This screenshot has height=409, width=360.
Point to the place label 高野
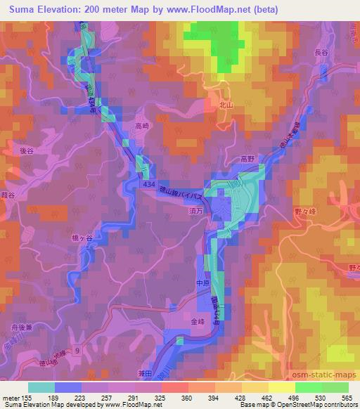pyautogui.click(x=247, y=159)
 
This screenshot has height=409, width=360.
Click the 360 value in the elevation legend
pyautogui.click(x=188, y=397)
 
